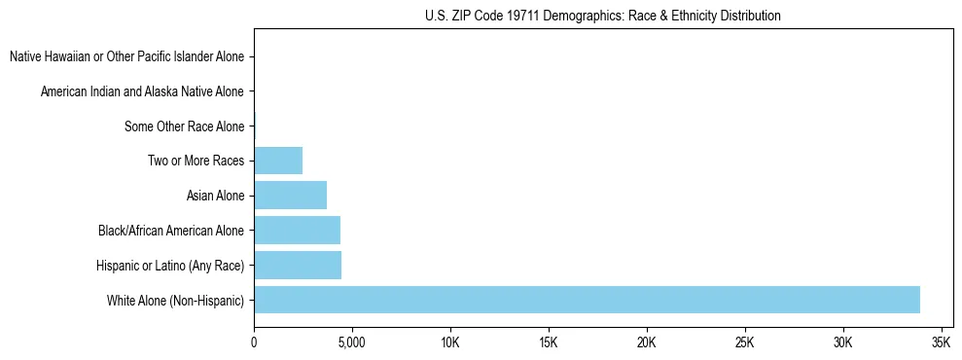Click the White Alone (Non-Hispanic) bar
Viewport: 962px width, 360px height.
point(587,300)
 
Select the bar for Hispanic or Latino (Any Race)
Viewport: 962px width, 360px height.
point(298,265)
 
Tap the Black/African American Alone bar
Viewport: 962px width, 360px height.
point(297,231)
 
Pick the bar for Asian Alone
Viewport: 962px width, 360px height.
point(290,196)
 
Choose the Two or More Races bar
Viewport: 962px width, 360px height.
point(278,161)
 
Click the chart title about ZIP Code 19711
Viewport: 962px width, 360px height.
point(603,16)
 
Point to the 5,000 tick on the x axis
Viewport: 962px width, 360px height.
point(352,343)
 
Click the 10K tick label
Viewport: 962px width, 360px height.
point(450,343)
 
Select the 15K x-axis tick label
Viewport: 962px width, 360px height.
point(549,343)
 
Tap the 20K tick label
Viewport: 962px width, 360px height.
point(647,343)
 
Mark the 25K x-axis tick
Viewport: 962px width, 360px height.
point(745,343)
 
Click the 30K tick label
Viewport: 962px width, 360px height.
point(843,343)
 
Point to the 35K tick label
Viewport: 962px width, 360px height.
point(942,343)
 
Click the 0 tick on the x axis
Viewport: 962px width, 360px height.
point(254,343)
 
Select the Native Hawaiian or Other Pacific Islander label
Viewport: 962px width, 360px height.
point(126,56)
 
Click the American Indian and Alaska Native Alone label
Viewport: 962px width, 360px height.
point(142,91)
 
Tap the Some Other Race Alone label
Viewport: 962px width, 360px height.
point(185,126)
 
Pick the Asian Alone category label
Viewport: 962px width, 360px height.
point(215,196)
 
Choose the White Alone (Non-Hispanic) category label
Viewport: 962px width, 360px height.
point(176,301)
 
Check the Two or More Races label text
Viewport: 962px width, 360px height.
point(196,161)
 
